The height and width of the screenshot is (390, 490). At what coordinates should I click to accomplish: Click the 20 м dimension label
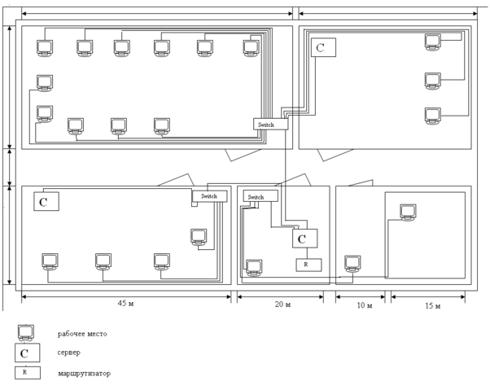(283, 304)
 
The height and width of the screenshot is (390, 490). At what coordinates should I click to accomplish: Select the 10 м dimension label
(364, 305)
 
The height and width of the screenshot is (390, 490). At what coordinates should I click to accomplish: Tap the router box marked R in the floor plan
(308, 265)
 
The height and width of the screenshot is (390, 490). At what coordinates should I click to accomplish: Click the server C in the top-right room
(323, 47)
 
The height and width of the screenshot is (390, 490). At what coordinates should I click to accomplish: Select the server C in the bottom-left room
(46, 200)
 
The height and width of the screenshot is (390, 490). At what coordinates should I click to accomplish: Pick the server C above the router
(304, 239)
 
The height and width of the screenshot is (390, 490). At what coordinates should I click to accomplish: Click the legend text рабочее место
(82, 334)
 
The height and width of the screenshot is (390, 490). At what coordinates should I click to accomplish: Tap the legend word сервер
(68, 353)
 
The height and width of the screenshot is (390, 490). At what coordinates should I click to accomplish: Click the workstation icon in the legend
(26, 332)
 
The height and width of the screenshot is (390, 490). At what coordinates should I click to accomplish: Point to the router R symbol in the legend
(26, 372)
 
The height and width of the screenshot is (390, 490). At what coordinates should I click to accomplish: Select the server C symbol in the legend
(26, 353)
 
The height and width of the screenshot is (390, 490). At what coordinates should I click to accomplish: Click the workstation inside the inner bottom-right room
(409, 212)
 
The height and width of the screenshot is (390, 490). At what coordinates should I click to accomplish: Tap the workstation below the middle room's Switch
(254, 267)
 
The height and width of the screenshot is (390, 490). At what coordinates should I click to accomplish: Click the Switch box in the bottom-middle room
(260, 196)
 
